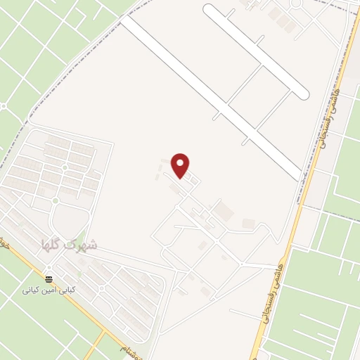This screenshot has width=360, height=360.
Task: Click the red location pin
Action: (181, 165)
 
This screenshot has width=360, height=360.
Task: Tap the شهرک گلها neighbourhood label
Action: (70, 245)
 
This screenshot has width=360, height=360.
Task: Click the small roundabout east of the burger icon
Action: (56, 201)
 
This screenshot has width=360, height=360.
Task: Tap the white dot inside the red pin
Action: (181, 162)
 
